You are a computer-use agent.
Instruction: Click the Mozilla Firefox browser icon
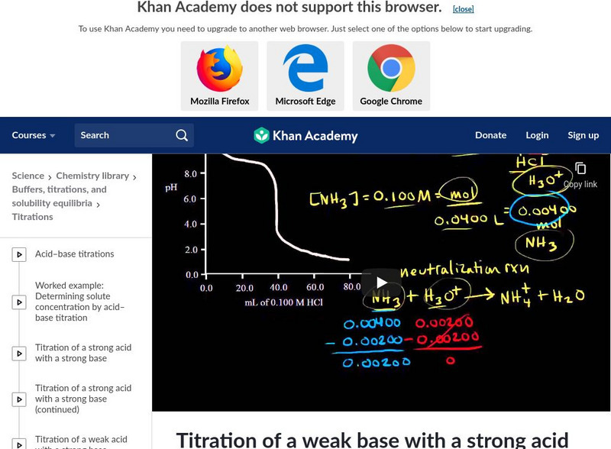[219, 69]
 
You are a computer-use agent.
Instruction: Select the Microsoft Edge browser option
[305, 69]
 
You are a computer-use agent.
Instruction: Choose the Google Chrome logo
[391, 69]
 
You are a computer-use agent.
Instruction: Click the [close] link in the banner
[463, 9]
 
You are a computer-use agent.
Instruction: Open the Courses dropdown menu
[34, 135]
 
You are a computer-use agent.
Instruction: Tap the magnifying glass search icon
[182, 135]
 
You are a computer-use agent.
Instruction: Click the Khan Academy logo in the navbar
[305, 136]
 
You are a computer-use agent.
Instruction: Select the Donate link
[490, 135]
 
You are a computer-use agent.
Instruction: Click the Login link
[537, 135]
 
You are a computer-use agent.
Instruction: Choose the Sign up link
[583, 135]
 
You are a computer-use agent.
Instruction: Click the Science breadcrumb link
[28, 176]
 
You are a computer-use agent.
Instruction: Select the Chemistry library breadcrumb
[92, 176]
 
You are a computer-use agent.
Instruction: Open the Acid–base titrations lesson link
[74, 254]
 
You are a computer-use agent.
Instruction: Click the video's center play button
[381, 283]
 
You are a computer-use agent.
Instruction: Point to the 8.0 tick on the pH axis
[190, 174]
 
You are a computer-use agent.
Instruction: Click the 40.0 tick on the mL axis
[278, 289]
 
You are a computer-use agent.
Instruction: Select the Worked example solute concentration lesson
[79, 302]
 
